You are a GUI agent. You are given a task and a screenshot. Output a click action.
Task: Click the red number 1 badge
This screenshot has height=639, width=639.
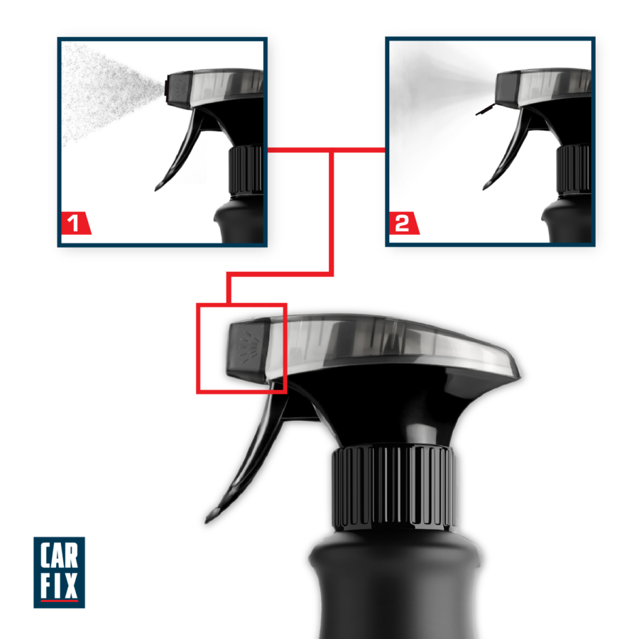(75, 223)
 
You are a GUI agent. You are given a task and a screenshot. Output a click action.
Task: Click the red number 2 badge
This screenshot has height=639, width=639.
(403, 223)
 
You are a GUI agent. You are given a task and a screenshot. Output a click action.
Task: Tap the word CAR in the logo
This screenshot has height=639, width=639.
(59, 555)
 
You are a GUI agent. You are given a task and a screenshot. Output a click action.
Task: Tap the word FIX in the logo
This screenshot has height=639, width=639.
(59, 585)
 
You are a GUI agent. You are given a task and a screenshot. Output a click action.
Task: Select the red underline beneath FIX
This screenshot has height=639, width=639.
(59, 600)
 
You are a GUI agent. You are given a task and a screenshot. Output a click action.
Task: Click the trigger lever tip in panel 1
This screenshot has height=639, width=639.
(157, 188)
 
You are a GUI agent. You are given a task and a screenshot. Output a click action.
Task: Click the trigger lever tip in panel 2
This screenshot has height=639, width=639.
(485, 187)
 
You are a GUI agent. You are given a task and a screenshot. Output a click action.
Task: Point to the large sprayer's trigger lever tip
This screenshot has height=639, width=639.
(209, 519)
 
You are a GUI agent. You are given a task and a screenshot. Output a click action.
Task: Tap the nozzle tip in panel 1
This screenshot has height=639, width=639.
(167, 87)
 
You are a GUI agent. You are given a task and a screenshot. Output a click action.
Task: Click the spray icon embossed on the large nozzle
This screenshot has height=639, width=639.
(248, 346)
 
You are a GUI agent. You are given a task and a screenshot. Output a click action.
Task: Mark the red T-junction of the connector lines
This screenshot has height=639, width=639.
(332, 151)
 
